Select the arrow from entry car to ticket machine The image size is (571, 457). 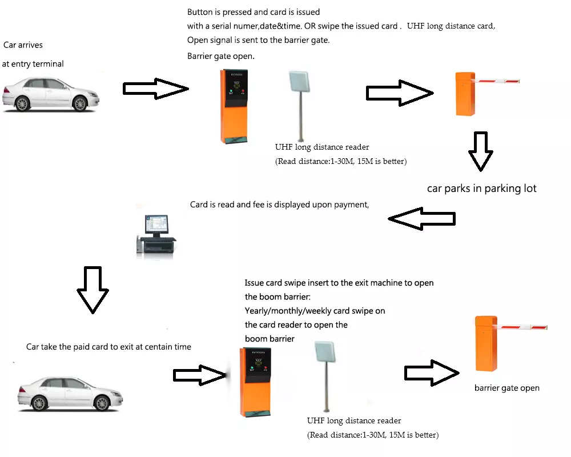coord(155,89)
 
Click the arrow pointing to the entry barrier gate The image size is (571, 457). coord(398,93)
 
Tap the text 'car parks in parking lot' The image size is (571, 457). coord(482,189)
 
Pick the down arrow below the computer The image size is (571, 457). coord(93,289)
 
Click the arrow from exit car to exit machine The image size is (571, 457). coord(199,375)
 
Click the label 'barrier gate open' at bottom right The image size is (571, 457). coord(506,388)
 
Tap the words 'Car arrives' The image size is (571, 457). coord(23,45)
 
